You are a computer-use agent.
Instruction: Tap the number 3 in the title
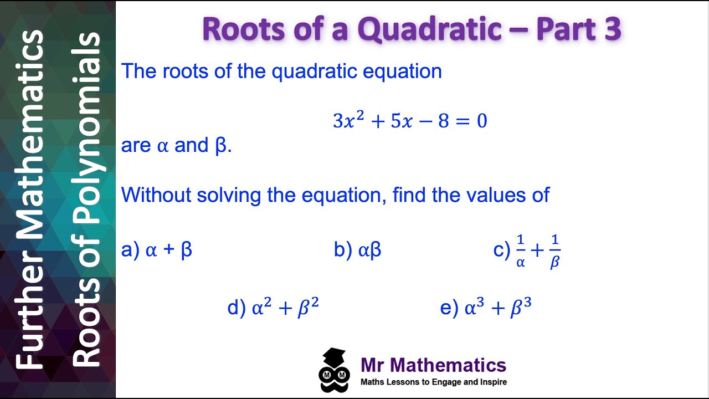point(612,29)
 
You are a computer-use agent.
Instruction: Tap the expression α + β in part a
point(168,250)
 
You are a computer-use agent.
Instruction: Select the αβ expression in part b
point(369,251)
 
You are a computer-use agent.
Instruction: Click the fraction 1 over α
point(520,250)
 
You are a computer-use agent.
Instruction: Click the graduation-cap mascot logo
point(335,370)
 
